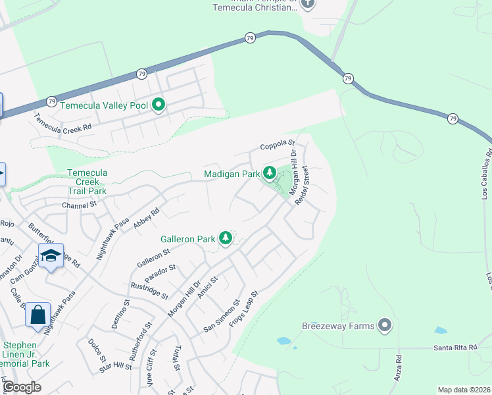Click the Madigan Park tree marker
pos(269,173)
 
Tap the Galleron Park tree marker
pos(226,238)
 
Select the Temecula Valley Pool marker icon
pos(159,104)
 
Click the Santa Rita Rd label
pos(456,347)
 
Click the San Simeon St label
pos(219,315)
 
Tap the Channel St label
pos(79,205)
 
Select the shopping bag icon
pos(37,315)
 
